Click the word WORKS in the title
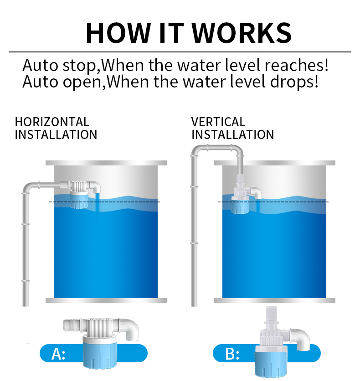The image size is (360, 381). coord(242,33)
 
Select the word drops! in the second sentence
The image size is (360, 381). coord(294,82)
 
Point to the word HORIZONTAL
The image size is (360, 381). coord(52,122)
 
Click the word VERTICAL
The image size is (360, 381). coord(218,122)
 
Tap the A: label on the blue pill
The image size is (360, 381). coord(58,354)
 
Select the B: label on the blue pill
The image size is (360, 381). coord(232,354)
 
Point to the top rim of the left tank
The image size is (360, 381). coord(106,163)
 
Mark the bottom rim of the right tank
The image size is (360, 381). coord(275,301)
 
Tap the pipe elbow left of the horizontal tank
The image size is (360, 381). coord(27,187)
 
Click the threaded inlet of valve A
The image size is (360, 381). coord(72,325)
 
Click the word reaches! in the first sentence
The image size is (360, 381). coord(297,65)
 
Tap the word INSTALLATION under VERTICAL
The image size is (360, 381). coord(233,134)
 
